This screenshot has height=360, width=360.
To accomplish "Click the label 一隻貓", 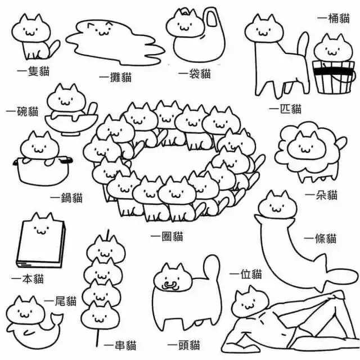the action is [34, 71].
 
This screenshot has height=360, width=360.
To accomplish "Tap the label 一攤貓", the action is [115, 77].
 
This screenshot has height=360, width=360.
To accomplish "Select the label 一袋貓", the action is [195, 74].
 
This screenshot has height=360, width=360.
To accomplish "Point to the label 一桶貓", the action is [334, 19].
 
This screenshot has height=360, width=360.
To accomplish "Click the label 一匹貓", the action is [285, 109].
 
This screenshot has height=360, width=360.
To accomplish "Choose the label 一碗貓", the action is [22, 111].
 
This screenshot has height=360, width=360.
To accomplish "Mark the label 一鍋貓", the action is [66, 197].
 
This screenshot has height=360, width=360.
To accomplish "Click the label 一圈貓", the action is [167, 236].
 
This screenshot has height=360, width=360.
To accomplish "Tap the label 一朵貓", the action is [321, 195].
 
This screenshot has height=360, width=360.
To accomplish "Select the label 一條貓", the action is [320, 238].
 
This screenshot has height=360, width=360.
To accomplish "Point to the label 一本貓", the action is [28, 279].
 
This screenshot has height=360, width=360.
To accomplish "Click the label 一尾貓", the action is [60, 301].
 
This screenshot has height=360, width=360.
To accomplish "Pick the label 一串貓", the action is [120, 345].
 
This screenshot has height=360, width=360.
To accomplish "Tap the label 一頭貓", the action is [184, 345].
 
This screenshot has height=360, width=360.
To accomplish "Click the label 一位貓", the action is [246, 274].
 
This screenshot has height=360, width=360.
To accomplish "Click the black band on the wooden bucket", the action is [332, 71].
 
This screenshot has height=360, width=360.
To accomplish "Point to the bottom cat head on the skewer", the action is [100, 315].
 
